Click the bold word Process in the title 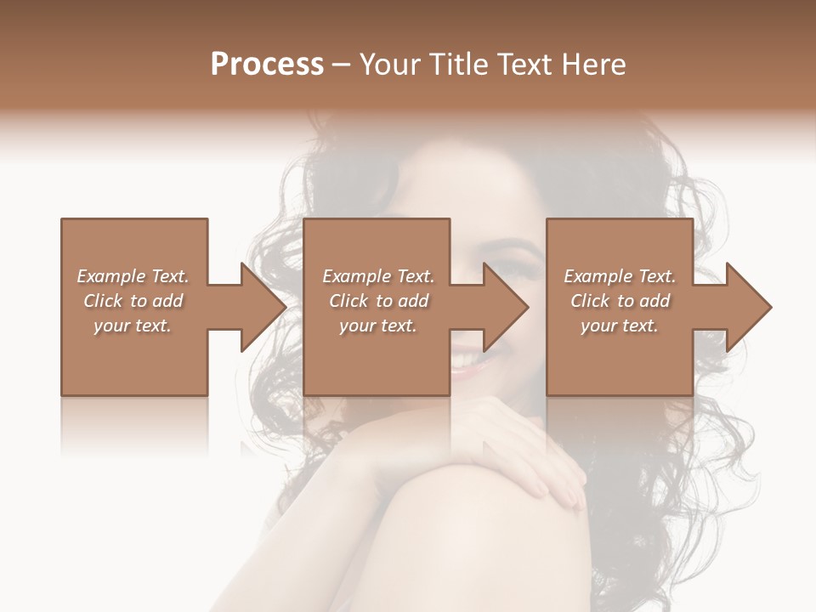coord(267,65)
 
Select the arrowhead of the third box coord(749,307)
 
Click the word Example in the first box coord(110,276)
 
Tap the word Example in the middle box coord(356,276)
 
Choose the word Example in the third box coord(598,276)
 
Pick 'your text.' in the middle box coord(377,326)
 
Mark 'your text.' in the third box coord(619,326)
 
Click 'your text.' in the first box coord(132,326)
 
